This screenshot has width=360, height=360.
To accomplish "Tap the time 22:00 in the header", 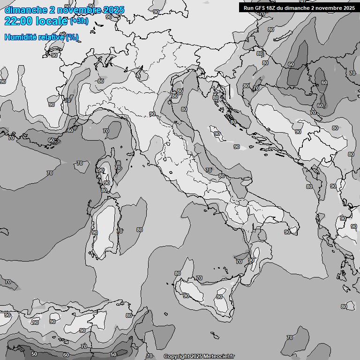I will tap(19, 21).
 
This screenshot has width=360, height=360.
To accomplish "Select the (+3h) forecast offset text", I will tap(79, 21).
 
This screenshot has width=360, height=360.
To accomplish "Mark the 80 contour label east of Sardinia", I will tap(139, 230).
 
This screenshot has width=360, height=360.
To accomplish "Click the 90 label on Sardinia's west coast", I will tap(95, 232).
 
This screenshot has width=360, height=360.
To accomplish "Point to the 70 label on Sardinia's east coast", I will tap(120, 231).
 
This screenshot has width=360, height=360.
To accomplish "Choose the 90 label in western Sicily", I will tap(186, 296).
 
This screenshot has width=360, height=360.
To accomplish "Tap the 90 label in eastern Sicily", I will tap(219, 297).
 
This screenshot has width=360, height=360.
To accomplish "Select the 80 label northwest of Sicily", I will tap(177, 273).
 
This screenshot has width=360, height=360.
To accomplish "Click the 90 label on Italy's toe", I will tap(251, 260).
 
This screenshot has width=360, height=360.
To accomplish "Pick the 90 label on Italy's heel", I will tap(287, 232).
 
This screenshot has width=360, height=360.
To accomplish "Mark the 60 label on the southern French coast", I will tap(70, 130).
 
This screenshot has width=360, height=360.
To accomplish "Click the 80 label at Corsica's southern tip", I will tap(104, 190).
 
